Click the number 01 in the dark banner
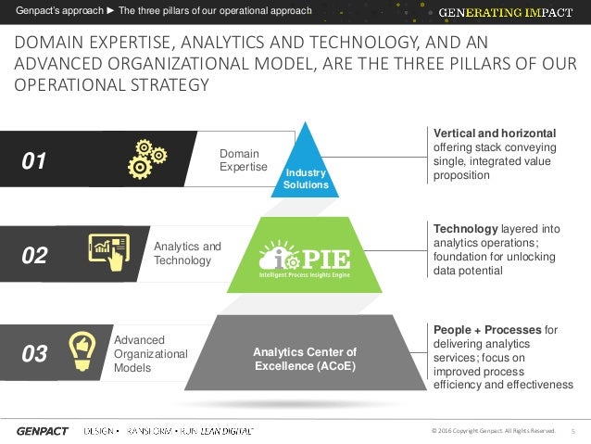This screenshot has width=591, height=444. pos(34,161)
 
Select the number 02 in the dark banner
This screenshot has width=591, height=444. pos(34,256)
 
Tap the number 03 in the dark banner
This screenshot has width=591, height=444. pos(34,353)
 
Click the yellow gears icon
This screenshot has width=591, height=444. pos(145,159)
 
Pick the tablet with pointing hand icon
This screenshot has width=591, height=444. pos(108,250)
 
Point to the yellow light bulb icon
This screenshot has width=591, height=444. pos(82,349)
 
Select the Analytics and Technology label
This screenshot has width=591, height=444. pos(187,253)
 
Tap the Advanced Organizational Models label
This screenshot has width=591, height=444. pos(150,353)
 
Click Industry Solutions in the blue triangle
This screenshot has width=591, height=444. pos(306,179)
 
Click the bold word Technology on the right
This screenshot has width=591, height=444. pos(466,228)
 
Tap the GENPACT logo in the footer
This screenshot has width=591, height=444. pos(42,431)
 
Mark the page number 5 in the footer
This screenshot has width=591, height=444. pos(572,431)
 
